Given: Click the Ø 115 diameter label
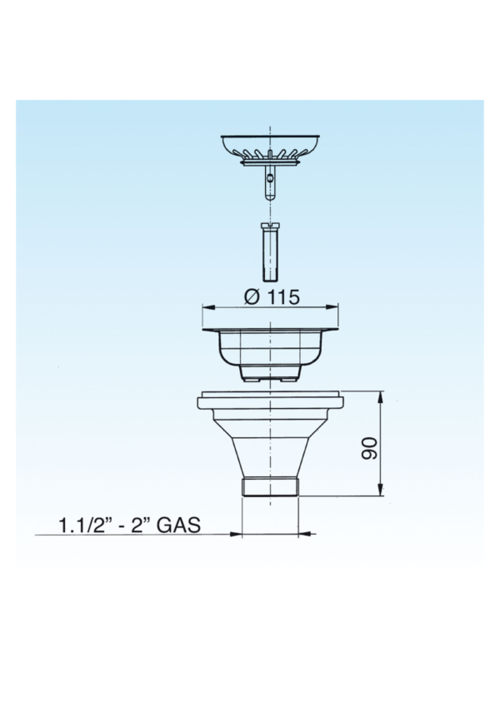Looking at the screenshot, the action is click(x=271, y=296).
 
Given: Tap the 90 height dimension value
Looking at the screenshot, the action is click(x=369, y=448).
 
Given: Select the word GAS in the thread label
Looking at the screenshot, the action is click(x=178, y=525).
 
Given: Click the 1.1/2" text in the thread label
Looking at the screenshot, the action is click(x=85, y=525).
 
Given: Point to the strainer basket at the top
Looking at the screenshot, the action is click(x=270, y=149).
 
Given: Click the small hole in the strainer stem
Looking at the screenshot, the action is click(x=269, y=179).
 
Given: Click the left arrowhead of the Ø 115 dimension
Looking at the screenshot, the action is click(x=208, y=307).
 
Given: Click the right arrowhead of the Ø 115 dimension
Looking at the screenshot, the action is click(x=333, y=307).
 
